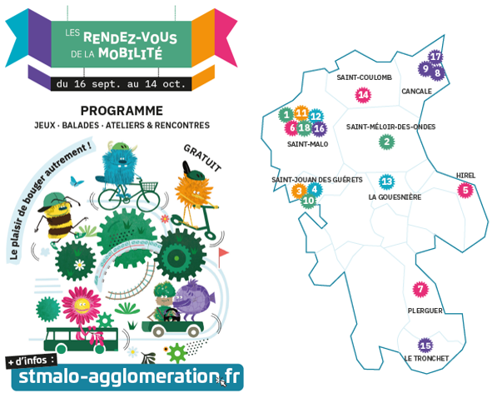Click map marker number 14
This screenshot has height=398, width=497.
363,95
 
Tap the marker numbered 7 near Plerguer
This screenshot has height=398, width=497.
420,289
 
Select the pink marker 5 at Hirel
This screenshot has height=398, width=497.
465,191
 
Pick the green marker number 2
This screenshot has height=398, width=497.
387,142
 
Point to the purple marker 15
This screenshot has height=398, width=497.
425,346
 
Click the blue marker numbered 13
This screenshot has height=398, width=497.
387,182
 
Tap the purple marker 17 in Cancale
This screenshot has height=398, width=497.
435,57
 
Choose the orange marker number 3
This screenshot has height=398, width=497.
299,191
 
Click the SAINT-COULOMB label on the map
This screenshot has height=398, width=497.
364,77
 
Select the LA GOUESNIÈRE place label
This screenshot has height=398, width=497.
395,197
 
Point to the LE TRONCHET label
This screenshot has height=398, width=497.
426,358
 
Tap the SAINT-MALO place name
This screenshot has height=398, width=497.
307,144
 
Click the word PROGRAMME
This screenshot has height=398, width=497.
122,111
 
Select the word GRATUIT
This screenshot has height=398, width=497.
202,158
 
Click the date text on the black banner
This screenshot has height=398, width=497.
121,84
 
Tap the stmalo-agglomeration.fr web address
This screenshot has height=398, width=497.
129,376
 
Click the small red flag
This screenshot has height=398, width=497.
223,256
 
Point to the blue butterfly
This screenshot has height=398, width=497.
77,181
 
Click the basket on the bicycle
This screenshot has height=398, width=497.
149,187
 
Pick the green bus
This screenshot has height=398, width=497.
81,341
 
